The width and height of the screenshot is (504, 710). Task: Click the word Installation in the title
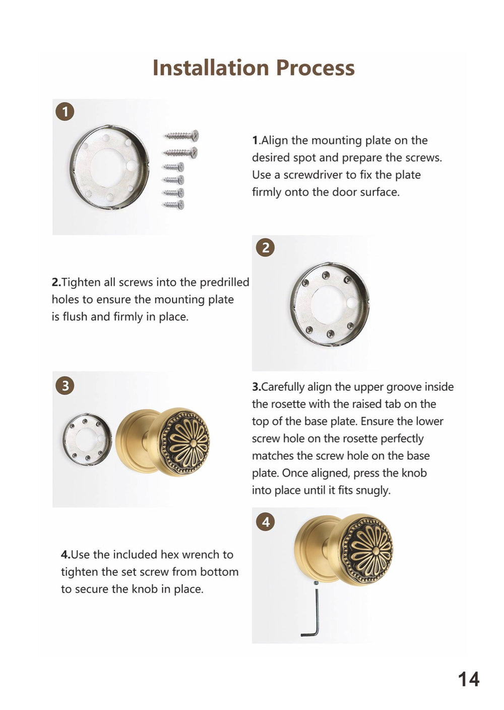[x=211, y=68]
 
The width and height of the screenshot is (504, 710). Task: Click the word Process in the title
[x=315, y=68]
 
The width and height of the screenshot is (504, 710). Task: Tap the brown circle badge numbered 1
[x=65, y=112]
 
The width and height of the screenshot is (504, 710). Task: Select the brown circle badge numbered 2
[x=265, y=247]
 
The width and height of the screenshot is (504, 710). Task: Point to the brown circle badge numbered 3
[x=65, y=386]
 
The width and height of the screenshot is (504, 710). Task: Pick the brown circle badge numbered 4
[x=265, y=522]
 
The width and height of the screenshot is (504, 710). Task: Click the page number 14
[x=469, y=679]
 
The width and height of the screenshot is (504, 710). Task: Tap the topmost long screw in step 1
[x=181, y=136]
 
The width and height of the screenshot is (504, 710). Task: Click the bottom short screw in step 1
[x=173, y=205]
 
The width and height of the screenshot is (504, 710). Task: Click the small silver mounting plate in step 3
[x=87, y=439]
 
